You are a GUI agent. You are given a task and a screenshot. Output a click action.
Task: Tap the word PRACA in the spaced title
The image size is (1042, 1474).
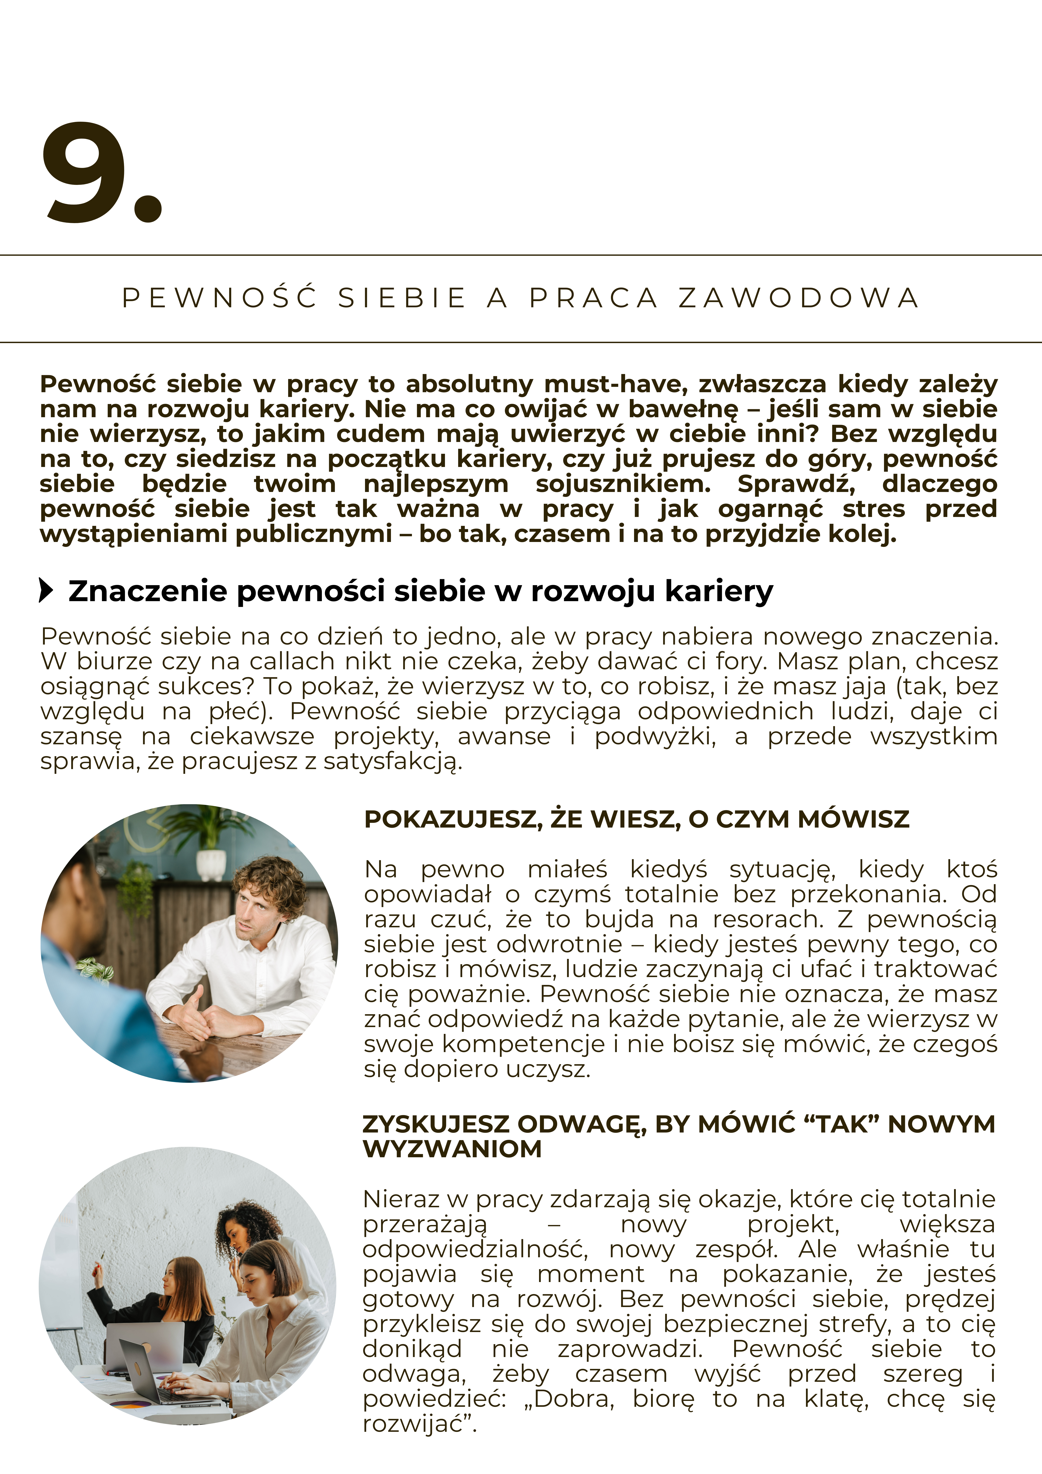[594, 298]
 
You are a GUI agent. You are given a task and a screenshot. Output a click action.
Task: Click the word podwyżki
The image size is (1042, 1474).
[655, 736]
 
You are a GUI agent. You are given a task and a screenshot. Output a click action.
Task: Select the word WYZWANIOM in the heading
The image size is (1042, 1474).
[453, 1149]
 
